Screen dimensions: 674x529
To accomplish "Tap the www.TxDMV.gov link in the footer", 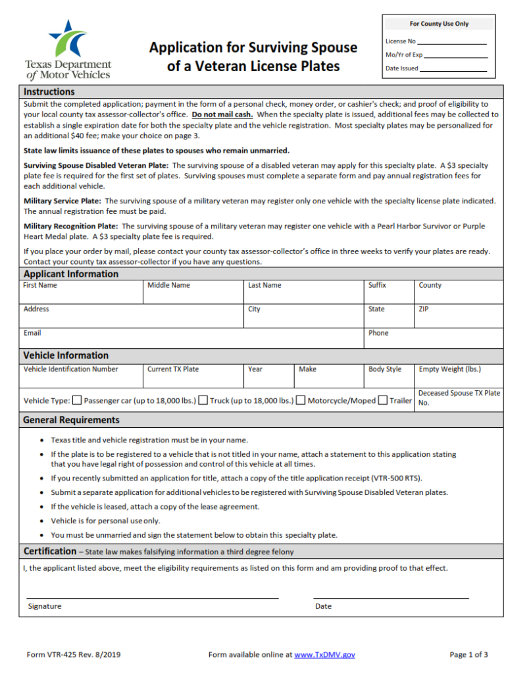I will pos(324,654).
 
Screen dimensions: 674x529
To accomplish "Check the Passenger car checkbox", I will pos(77,400).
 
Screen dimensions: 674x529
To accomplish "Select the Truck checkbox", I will pos(203,400).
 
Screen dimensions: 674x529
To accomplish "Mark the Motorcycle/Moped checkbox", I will pos(301,400).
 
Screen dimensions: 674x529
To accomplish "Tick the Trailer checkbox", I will pos(383,400).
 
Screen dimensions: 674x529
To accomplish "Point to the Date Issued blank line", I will pos(453,68).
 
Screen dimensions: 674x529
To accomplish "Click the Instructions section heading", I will pos(49,91).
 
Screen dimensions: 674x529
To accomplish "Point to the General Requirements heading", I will pos(72,419).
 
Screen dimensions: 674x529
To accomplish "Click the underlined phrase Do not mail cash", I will pos(222,114).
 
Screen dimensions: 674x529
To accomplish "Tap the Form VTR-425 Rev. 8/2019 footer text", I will pos(74,654).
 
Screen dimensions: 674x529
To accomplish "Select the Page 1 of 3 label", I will pos(468,654).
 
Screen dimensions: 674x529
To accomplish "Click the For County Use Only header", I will pos(439,24).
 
